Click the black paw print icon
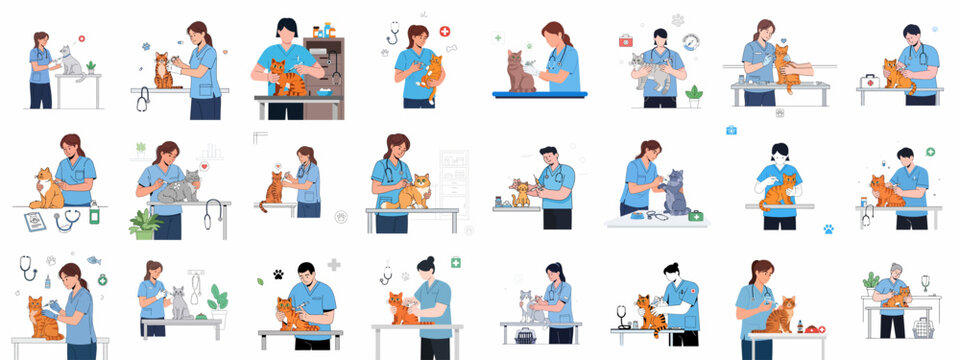pos(277,273)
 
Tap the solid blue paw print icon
pos(828,229)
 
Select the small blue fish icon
pos(93,260)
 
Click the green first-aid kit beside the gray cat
pos(695,215)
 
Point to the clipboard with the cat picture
pos(35,221)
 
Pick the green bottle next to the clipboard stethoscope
pos(94,213)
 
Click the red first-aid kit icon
pos(626,40)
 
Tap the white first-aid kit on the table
pos(870,81)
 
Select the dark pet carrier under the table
pos(525,335)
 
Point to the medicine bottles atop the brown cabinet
pos(323,31)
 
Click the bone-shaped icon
pos(451,48)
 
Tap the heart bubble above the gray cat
pos(205,166)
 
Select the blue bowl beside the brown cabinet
pos(325,92)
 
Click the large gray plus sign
pos(334,265)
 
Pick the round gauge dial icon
pos(690,41)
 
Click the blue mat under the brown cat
pos(539,95)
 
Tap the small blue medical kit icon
pos(731,130)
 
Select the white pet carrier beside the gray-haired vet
pos(923,327)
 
